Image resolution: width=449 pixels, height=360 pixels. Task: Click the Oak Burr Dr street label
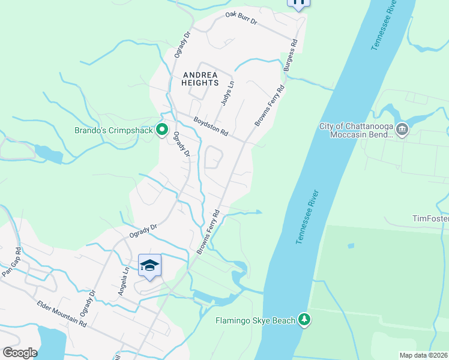click(x=241, y=18)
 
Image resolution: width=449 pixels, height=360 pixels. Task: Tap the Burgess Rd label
click(x=291, y=56)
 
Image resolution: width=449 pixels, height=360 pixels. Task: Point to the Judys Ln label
click(x=227, y=94)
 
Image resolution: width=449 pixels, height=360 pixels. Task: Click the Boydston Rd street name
click(x=211, y=125)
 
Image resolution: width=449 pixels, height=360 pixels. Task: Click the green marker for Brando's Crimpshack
click(x=161, y=129)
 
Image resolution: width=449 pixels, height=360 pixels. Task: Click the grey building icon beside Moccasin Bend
click(x=402, y=128)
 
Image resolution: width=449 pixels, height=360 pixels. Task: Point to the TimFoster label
click(x=430, y=218)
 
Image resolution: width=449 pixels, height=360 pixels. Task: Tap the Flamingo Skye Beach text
click(x=256, y=320)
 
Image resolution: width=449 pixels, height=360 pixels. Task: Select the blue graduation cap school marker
click(x=149, y=265)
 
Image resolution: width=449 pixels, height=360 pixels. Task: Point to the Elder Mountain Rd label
click(x=61, y=314)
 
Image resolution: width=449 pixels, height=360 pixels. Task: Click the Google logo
click(x=20, y=352)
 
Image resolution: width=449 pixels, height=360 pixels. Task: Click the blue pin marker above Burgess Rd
click(x=298, y=3)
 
